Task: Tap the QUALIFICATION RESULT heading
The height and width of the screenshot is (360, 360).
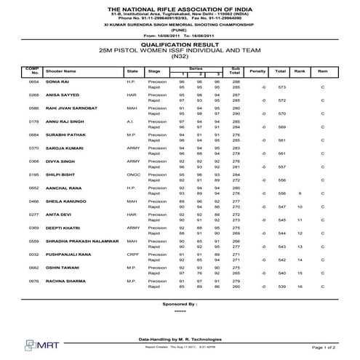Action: click(180, 44)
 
